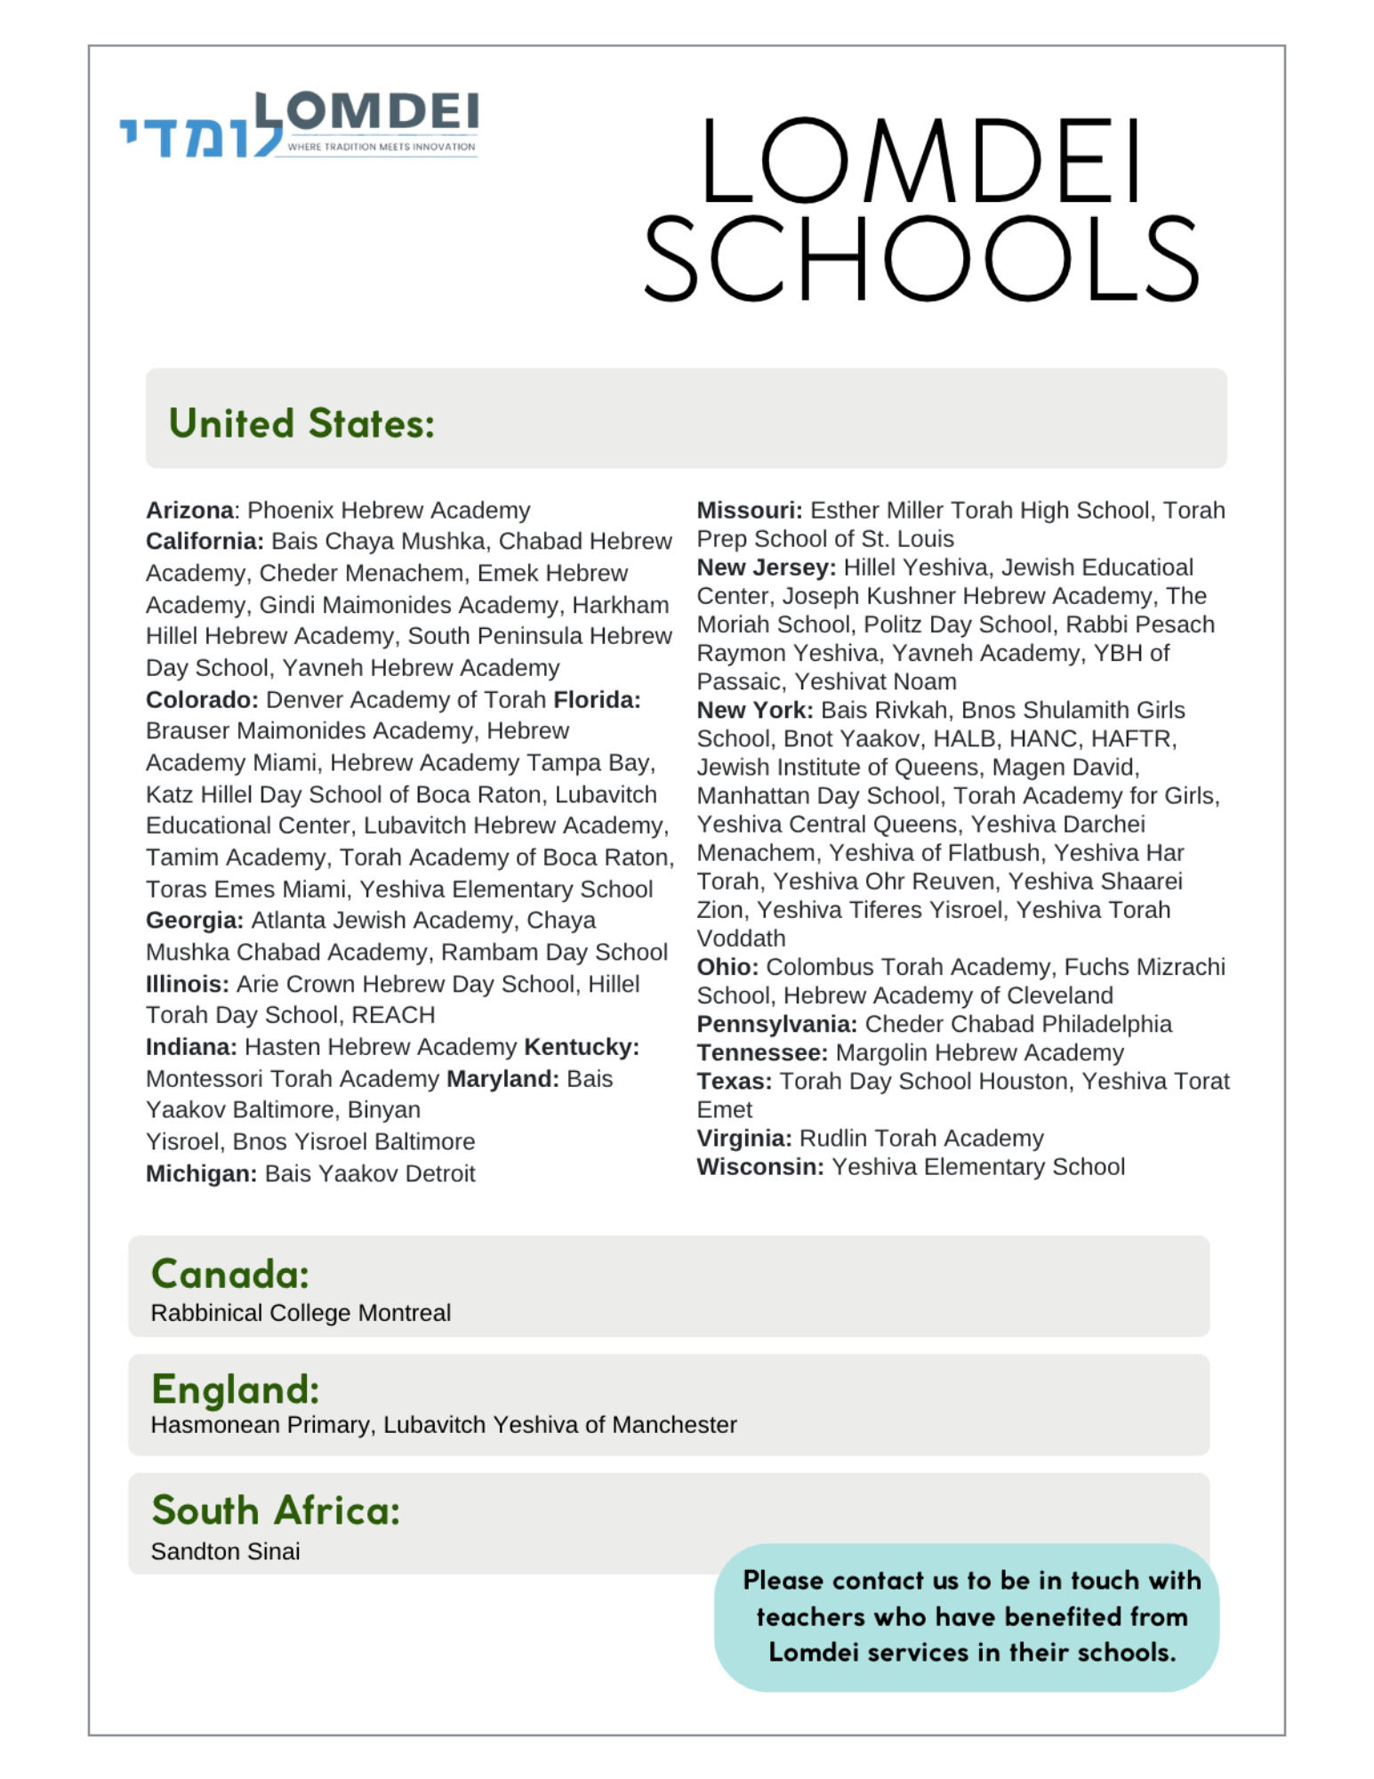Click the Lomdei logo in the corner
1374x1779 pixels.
pos(299,125)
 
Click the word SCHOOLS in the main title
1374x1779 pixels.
pos(920,259)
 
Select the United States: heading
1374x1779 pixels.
pos(301,423)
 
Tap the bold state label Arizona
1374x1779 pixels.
pos(189,511)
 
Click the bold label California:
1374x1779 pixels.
pos(205,542)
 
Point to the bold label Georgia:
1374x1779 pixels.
pos(194,921)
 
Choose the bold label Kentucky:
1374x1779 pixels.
pos(582,1047)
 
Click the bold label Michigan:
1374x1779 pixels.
pos(201,1174)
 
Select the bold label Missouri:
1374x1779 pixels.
pos(749,511)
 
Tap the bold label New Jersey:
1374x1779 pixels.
pos(766,568)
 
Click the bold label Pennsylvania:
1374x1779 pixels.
pos(776,1025)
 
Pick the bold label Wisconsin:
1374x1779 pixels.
pos(760,1167)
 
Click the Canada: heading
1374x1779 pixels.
pos(230,1274)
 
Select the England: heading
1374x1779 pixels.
pos(235,1389)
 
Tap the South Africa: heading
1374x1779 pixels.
pos(276,1509)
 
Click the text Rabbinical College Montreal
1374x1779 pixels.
pos(301,1313)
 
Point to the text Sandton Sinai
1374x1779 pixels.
pos(225,1551)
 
